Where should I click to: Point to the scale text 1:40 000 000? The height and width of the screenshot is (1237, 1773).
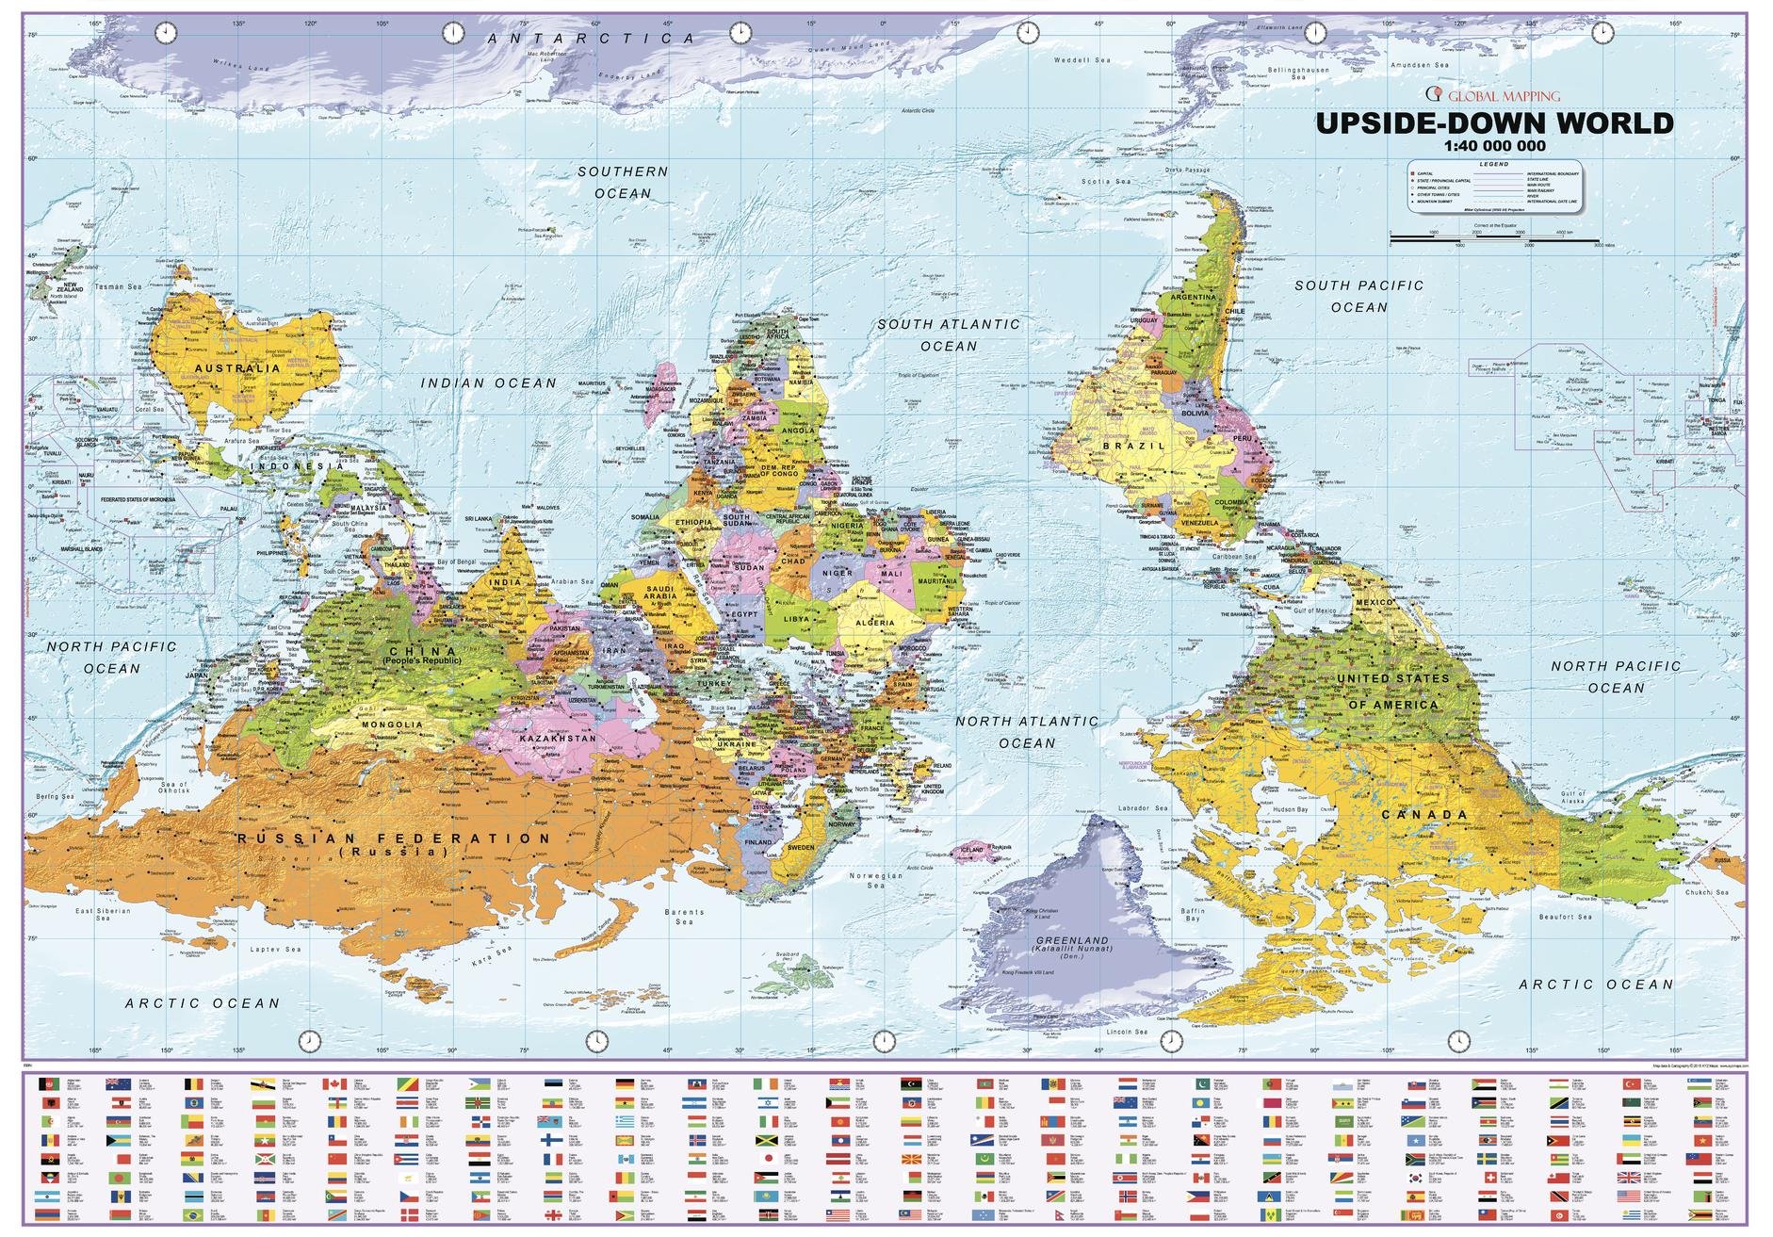point(1494,146)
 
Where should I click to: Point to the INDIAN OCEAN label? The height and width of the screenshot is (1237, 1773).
point(488,383)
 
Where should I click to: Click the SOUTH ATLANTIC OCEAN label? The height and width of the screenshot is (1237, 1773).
point(949,334)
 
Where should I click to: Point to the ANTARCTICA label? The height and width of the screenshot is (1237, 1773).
point(592,38)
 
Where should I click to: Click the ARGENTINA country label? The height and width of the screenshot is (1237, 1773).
point(1193,297)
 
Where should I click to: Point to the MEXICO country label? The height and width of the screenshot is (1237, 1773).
point(1373,602)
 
